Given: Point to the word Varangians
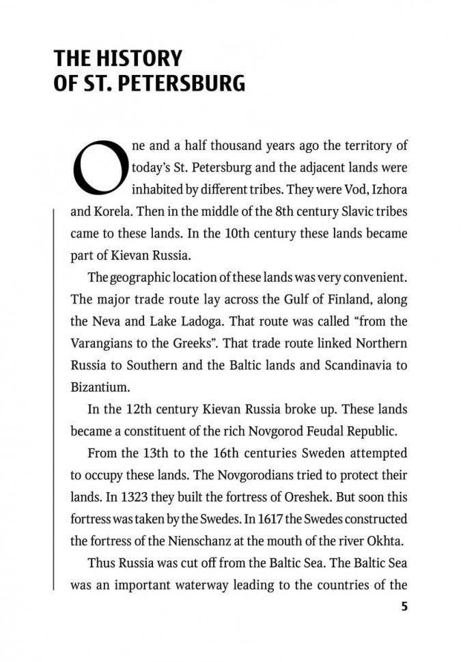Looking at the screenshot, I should click(101, 343).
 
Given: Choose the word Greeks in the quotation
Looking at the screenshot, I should click(214, 343).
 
